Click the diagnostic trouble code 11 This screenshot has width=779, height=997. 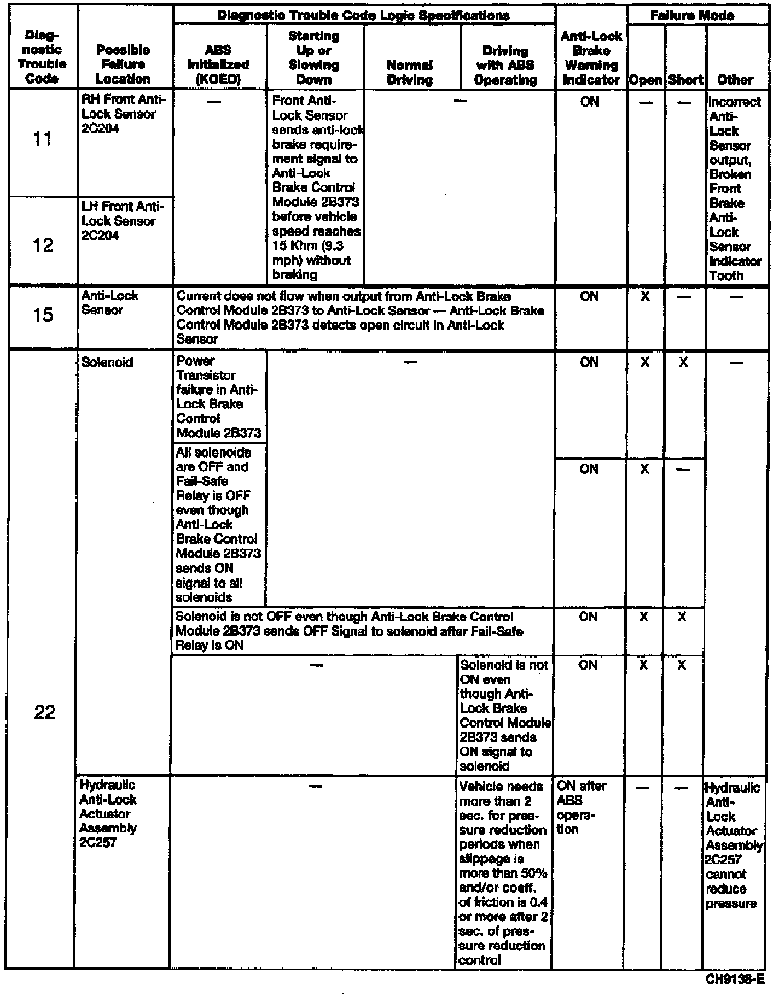coord(42,139)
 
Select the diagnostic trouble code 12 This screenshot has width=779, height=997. coord(42,245)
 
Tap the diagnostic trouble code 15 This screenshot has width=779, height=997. coord(43,315)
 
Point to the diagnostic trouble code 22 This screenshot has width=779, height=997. coord(44,712)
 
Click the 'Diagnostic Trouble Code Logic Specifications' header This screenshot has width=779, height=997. coord(363,15)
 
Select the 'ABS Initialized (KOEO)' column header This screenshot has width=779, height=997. coord(218,64)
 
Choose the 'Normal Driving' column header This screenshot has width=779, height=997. coord(410,72)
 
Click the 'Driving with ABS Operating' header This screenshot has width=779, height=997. coord(505,66)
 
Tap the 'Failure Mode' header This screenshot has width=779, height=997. coord(692,15)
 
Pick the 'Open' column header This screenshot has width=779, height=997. coord(646,80)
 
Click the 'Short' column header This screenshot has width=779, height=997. coord(685,80)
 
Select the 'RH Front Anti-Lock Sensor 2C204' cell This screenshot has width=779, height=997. coord(123,114)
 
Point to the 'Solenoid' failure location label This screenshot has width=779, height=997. coord(107,362)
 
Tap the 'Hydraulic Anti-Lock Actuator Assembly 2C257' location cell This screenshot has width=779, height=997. coord(108,813)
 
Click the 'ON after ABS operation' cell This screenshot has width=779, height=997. coord(582,807)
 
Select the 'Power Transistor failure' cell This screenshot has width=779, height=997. coord(218,397)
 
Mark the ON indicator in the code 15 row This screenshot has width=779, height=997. coord(589,297)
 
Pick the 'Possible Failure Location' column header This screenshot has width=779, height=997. coord(123,64)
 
